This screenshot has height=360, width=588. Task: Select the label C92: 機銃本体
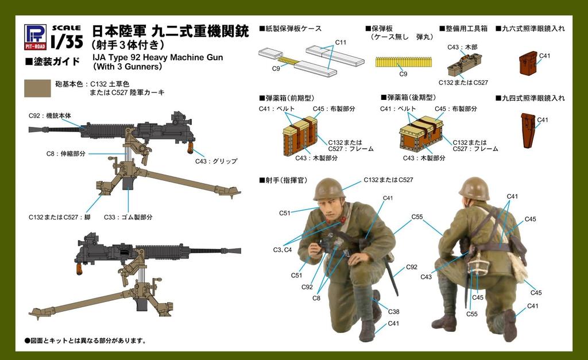[x=50, y=116]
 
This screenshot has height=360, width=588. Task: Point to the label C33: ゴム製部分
[x=128, y=217]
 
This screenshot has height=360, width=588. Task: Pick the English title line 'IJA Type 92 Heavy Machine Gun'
[x=157, y=57]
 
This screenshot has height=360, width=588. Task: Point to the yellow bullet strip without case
[x=403, y=62]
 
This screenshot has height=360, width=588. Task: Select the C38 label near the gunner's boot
[x=393, y=312]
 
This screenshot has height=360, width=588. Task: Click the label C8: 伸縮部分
[x=66, y=154]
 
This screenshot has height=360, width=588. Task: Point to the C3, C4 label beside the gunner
[x=283, y=250]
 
